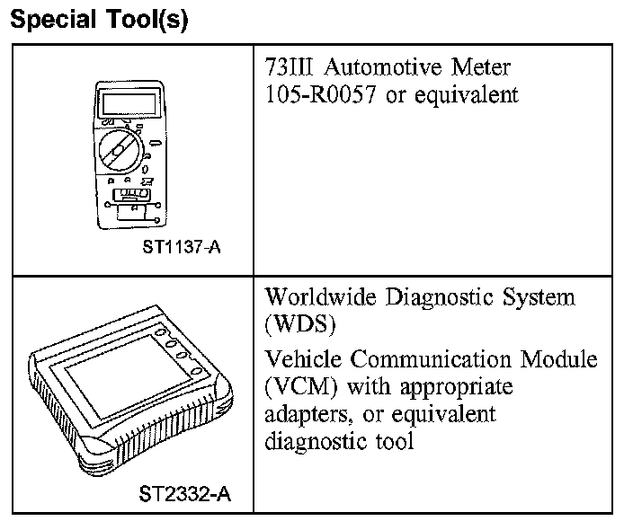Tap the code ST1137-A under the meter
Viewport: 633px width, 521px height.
coord(181,246)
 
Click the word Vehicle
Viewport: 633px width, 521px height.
coord(305,360)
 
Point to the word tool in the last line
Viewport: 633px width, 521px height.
coord(396,442)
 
